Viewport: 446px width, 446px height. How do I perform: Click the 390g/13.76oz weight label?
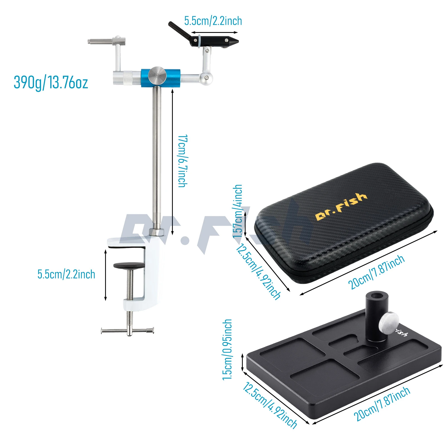click(x=51, y=83)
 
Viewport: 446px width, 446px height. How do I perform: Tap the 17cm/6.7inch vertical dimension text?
click(x=183, y=161)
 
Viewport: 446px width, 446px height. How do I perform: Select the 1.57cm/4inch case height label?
click(x=237, y=211)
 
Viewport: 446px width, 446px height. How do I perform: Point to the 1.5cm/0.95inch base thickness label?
click(x=227, y=350)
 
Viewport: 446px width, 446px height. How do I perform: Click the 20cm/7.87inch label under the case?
click(x=376, y=272)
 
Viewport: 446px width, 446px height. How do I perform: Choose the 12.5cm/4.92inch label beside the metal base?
click(x=270, y=405)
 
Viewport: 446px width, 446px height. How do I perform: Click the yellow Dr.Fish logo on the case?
click(x=341, y=207)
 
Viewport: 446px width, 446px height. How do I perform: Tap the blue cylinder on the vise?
click(x=161, y=78)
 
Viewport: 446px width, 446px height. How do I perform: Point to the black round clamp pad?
click(x=129, y=266)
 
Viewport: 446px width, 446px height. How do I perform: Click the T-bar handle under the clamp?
click(x=128, y=331)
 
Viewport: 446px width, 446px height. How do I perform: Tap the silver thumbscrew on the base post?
click(x=388, y=323)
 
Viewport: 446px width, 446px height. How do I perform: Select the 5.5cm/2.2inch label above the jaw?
click(x=213, y=21)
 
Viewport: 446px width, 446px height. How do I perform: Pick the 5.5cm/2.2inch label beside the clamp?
click(x=66, y=274)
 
